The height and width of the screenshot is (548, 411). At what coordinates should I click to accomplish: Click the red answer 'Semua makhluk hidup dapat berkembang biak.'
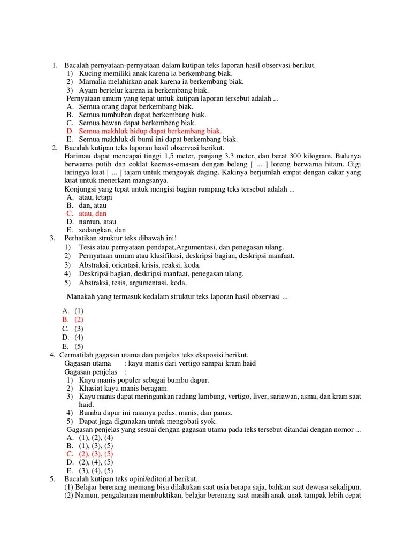tap(150, 131)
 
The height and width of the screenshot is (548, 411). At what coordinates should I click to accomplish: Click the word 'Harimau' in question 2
tap(77, 156)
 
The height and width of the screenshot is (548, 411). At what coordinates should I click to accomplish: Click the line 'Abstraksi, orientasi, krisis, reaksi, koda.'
tap(140, 265)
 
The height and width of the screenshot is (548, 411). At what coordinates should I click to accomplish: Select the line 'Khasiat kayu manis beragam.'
tap(124, 388)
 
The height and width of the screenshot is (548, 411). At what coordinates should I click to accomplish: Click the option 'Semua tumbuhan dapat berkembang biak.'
tap(142, 115)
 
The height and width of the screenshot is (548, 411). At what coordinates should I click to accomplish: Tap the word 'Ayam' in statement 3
tap(87, 90)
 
